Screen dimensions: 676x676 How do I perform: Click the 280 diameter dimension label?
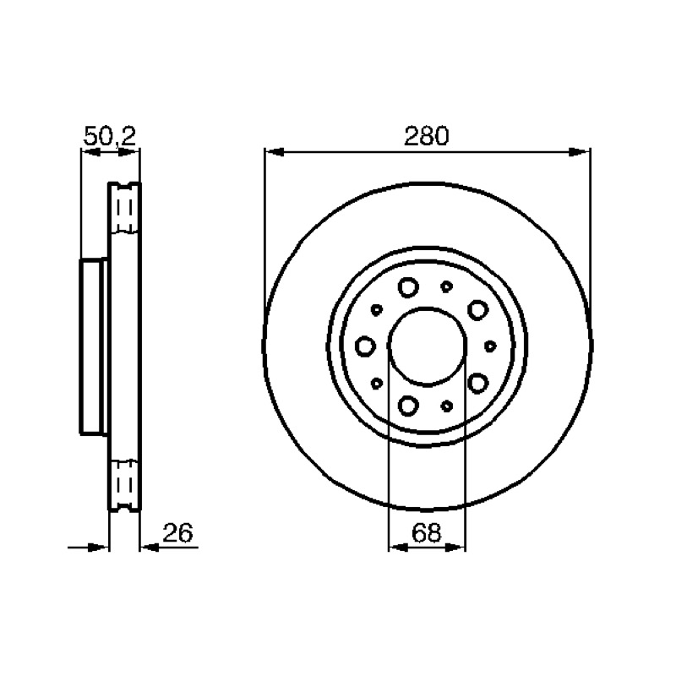pos(427,136)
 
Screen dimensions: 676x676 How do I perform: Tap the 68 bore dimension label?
pos(427,533)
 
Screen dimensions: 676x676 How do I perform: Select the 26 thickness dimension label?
pos(177,533)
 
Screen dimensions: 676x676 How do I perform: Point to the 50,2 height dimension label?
pos(110,136)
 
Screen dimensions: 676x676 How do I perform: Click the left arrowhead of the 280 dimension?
pos(274,152)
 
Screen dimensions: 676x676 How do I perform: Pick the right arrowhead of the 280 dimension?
pos(580,152)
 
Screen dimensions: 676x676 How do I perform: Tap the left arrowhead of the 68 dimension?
pos(398,547)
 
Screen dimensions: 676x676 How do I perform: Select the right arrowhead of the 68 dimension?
pos(455,547)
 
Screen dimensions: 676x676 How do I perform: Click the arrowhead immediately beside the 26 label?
pos(150,547)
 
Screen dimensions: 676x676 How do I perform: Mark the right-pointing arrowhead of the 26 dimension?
pos(98,547)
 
